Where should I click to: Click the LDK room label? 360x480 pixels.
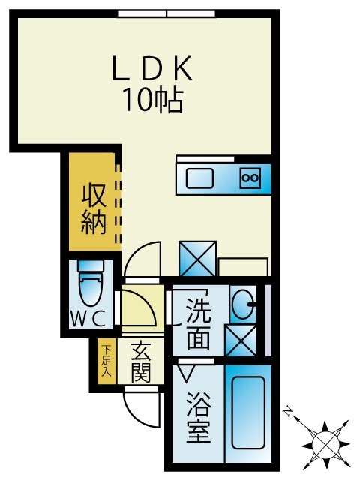pyautogui.click(x=153, y=70)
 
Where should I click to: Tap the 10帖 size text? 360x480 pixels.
pyautogui.click(x=153, y=100)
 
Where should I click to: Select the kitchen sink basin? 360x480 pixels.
pyautogui.click(x=199, y=179)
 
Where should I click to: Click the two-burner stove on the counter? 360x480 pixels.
pyautogui.click(x=249, y=178)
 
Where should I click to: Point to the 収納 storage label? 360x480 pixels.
pyautogui.click(x=93, y=210)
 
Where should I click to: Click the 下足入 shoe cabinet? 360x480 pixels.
pyautogui.click(x=106, y=361)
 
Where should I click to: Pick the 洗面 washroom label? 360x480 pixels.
pyautogui.click(x=198, y=323)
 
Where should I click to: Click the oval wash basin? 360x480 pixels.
pyautogui.click(x=242, y=304)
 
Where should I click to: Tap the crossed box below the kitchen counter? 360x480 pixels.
pyautogui.click(x=198, y=259)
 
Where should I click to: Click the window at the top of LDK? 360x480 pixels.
pyautogui.click(x=166, y=13)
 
